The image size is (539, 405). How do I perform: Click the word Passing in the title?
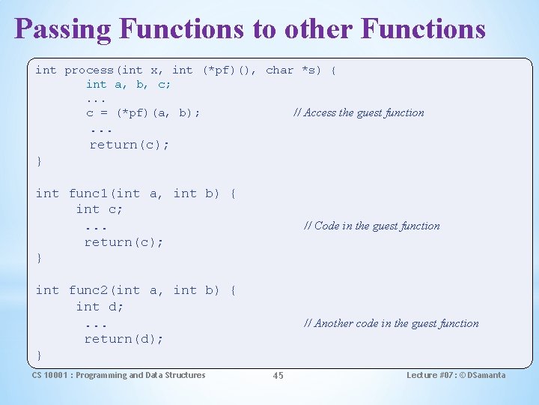point(63,29)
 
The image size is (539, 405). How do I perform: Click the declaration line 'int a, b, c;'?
point(128,84)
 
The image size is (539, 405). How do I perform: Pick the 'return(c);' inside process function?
point(129,144)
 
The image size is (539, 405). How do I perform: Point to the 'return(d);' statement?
point(124,339)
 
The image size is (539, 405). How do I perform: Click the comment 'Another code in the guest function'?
point(391,323)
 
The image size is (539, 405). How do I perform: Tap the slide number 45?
point(278,376)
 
